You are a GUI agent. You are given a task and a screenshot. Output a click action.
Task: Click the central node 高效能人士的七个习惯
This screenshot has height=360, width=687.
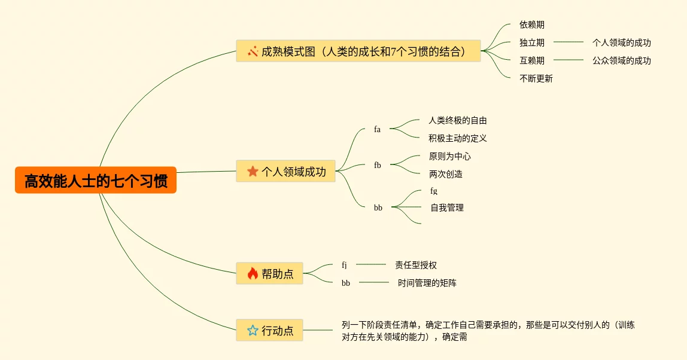pos(96,180)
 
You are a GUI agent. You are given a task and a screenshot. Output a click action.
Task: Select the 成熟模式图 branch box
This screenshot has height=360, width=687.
pos(358,51)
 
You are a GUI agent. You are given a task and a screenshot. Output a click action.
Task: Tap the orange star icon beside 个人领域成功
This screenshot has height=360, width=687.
pos(253,172)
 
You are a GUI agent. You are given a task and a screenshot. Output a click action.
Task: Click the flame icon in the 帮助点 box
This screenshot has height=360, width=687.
pos(253,274)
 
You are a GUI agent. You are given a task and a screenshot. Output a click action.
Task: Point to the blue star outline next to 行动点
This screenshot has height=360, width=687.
pos(253,330)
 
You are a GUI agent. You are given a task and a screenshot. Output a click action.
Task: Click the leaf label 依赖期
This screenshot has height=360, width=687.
pos(532,25)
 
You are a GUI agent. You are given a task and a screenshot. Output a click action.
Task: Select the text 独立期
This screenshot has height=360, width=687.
pos(532,42)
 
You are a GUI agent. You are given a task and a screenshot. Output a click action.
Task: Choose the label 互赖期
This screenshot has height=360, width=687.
pos(532,60)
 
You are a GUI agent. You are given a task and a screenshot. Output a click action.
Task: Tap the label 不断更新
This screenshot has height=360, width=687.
pos(536,78)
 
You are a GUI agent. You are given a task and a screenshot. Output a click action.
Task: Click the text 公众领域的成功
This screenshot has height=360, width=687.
pos(622,60)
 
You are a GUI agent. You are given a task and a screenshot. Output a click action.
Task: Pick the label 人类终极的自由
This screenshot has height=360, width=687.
pos(458,120)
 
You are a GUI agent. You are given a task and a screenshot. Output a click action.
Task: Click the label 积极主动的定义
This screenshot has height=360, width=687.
pos(458,138)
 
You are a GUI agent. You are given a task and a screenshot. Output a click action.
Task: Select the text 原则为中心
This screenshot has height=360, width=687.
pos(450,156)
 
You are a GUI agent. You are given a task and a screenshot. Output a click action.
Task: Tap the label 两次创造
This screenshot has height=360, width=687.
pos(446,174)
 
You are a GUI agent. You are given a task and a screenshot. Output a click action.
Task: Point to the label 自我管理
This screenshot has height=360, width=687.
pos(447,208)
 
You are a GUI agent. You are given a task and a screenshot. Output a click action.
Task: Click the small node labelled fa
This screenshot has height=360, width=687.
pos(377,129)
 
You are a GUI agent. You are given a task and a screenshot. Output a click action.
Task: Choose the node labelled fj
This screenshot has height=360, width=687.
pos(344,265)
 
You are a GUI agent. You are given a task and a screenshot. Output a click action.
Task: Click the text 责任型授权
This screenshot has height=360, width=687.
pos(416,265)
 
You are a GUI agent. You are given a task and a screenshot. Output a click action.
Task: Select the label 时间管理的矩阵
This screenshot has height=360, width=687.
pos(427,283)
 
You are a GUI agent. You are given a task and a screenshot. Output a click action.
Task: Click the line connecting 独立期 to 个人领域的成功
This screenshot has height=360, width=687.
pos(569,42)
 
